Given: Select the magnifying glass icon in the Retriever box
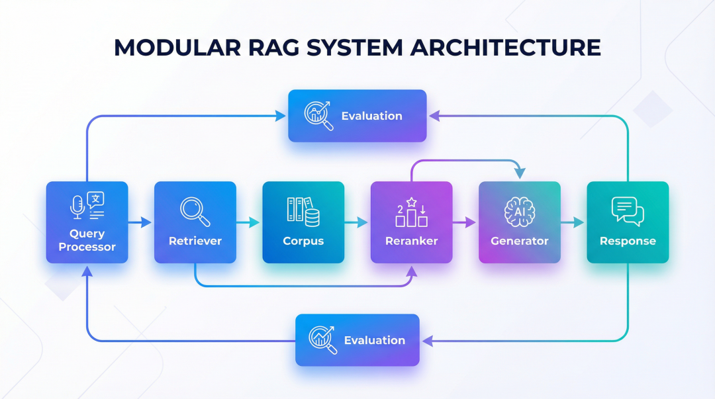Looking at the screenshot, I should (x=195, y=210).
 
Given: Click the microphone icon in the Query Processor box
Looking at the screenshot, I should (x=77, y=206).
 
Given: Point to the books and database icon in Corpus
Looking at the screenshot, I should (x=303, y=210).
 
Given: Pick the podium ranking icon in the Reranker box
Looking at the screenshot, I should (x=411, y=212).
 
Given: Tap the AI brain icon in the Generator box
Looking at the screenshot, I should (x=519, y=211).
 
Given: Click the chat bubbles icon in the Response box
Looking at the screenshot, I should (x=628, y=211).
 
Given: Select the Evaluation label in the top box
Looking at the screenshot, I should (x=371, y=116).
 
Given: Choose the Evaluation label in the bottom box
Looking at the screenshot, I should (x=374, y=340).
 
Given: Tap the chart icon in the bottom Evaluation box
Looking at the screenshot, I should (x=322, y=339).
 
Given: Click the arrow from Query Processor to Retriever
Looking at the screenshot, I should (x=141, y=223).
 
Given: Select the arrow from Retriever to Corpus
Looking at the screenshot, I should (x=249, y=223).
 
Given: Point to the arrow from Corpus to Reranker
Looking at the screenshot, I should (x=358, y=223).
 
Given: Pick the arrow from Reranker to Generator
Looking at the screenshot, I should (x=465, y=223).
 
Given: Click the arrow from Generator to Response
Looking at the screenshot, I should (x=573, y=223).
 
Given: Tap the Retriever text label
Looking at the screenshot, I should (x=195, y=241).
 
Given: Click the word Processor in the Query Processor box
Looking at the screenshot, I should (x=87, y=247).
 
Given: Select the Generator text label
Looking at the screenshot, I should (x=519, y=241).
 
